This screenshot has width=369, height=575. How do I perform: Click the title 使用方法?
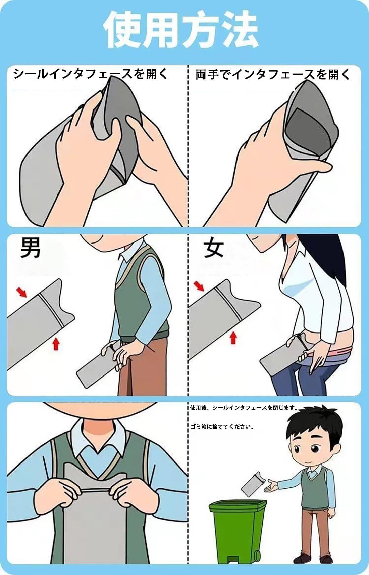[x=181, y=30]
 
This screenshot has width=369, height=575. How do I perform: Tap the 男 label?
[x=30, y=248]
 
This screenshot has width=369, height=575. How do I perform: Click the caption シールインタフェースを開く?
[x=90, y=74]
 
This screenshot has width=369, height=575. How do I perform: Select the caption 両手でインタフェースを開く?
[x=273, y=74]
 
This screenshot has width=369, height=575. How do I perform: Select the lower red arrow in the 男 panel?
[x=56, y=344]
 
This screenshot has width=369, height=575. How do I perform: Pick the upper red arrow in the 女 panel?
[x=199, y=286]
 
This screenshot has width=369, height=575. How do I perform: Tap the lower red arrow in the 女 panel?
[x=233, y=337]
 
